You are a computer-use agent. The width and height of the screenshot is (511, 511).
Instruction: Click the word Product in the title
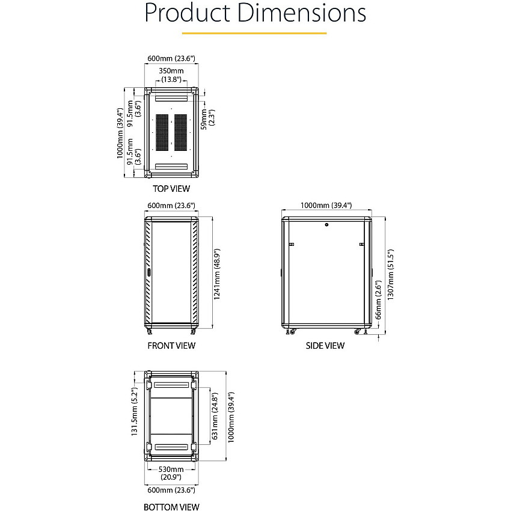tap(188, 13)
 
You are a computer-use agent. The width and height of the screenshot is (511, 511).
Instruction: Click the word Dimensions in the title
tap(302, 13)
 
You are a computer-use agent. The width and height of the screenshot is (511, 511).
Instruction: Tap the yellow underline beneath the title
tap(254, 33)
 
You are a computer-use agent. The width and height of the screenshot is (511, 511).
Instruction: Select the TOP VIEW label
tap(171, 189)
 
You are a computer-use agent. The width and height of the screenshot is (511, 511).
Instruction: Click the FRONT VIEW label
tap(171, 346)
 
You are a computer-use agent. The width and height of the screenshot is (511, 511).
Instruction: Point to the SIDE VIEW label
tap(325, 346)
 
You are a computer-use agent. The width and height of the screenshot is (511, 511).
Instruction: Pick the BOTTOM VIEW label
tap(171, 507)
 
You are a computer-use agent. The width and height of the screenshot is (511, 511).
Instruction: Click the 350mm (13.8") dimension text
tap(171, 75)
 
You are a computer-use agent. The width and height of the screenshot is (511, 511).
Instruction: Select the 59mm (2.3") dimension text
tap(207, 119)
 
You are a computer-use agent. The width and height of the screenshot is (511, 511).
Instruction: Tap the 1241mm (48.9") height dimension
tap(217, 274)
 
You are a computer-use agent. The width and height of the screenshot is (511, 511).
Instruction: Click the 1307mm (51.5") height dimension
tap(390, 274)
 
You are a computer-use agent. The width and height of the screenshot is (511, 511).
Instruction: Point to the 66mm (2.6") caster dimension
tap(378, 300)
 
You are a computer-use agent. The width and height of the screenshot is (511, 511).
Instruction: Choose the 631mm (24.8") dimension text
tap(215, 416)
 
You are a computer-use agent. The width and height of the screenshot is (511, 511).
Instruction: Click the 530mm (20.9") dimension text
tap(171, 473)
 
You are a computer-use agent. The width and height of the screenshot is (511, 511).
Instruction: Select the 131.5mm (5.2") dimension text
tap(134, 412)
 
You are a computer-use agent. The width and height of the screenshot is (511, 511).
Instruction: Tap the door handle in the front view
tap(149, 272)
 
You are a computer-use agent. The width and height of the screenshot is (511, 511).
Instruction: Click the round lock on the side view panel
tap(326, 225)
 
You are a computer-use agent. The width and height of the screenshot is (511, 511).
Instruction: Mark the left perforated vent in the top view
tap(162, 132)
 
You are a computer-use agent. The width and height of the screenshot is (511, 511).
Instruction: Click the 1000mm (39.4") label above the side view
tap(326, 206)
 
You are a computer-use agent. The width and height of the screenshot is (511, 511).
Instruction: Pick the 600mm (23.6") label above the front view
tap(171, 206)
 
